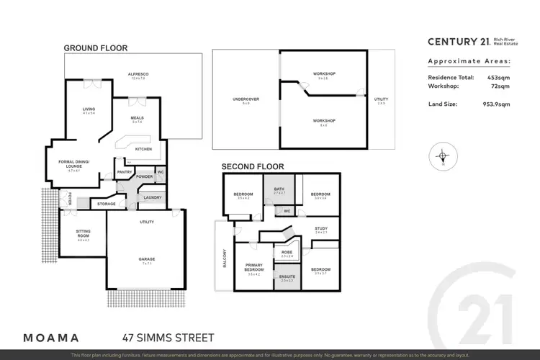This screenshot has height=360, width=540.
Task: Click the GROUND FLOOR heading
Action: pyautogui.click(x=96, y=48)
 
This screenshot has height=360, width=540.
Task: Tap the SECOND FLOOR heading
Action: pyautogui.click(x=248, y=166)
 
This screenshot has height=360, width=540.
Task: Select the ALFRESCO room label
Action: pyautogui.click(x=138, y=74)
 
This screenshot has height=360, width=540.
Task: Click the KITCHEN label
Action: pyautogui.click(x=143, y=149)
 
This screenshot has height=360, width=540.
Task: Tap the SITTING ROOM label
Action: pyautogui.click(x=84, y=234)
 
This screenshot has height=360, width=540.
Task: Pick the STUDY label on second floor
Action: pyautogui.click(x=320, y=229)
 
